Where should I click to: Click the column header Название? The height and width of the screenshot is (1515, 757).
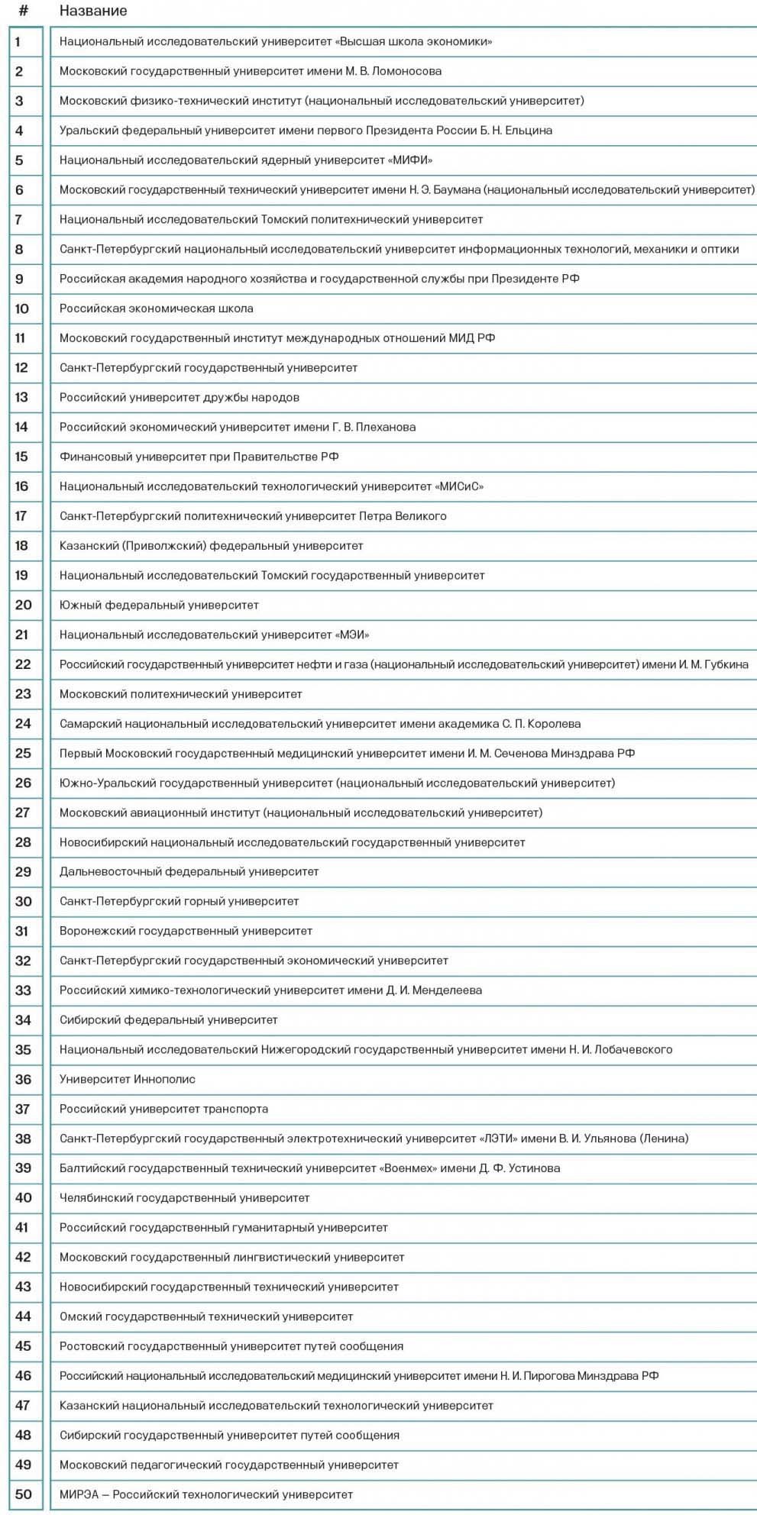(93, 11)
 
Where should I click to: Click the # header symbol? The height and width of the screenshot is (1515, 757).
(24, 11)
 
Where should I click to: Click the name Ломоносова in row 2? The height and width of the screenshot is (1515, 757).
(406, 72)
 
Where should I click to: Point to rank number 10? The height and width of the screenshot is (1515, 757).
(22, 308)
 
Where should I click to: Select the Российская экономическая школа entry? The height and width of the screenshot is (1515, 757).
(156, 308)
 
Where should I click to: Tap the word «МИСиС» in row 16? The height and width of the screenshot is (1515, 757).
(459, 486)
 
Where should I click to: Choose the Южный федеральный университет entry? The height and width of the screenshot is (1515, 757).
(159, 605)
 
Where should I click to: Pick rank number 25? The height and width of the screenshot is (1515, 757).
(23, 753)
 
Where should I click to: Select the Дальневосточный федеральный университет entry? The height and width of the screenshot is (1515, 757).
(189, 871)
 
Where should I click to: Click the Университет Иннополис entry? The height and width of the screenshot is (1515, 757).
(127, 1079)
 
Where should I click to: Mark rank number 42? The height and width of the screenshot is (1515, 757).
(23, 1257)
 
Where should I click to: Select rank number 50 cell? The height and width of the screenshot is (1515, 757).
(23, 1494)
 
